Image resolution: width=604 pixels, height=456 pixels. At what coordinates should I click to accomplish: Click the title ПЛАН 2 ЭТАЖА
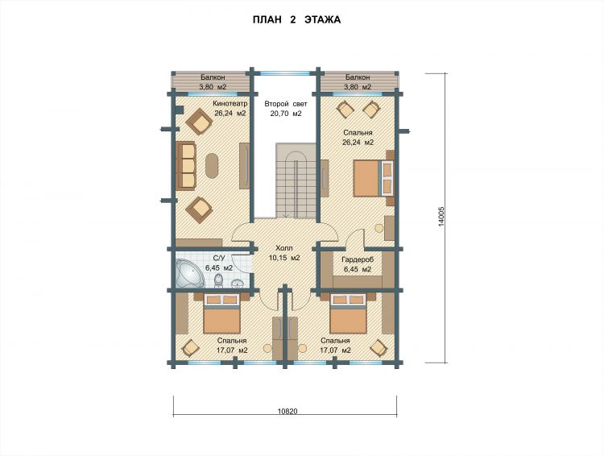[296, 19]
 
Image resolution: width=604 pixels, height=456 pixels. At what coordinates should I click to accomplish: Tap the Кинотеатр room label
[230, 104]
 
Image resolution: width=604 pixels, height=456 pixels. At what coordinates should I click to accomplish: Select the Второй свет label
[286, 104]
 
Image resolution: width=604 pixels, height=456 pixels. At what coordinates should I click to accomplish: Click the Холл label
[284, 248]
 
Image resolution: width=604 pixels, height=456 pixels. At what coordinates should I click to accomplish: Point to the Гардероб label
[358, 259]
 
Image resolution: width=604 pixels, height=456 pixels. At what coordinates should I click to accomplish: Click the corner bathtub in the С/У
[189, 273]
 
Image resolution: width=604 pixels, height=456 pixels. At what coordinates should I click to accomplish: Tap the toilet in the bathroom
[218, 280]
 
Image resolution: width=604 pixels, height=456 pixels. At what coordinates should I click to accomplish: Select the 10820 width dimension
[288, 411]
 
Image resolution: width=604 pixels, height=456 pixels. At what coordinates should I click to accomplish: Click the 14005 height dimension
[441, 217]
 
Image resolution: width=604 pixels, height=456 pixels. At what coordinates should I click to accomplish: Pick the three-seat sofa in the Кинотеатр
[186, 166]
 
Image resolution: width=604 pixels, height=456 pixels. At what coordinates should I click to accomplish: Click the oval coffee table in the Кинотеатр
[212, 166]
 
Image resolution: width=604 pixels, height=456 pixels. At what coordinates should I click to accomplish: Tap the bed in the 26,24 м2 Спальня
[374, 178]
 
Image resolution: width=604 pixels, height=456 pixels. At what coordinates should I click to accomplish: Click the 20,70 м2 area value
[286, 114]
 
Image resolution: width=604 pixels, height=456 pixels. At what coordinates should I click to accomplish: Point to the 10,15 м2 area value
[284, 258]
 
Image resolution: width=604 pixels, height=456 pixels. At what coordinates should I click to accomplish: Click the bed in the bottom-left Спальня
[222, 313]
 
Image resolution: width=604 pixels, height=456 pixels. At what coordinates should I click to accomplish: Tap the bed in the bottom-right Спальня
[349, 313]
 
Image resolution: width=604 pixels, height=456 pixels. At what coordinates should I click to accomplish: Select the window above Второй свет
[284, 73]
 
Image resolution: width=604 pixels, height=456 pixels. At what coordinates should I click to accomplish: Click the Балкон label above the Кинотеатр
[213, 77]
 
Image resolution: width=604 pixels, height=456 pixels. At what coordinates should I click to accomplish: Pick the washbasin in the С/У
[238, 284]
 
